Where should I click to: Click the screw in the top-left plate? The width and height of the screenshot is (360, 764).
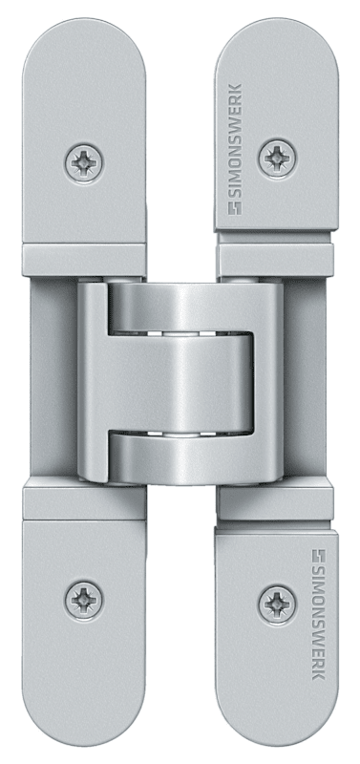pyautogui.click(x=83, y=163)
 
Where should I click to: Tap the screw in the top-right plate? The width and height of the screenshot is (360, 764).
pyautogui.click(x=277, y=159)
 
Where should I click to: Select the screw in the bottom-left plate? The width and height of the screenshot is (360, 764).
pyautogui.click(x=83, y=600)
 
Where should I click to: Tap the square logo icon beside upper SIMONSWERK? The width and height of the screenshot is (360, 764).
pyautogui.click(x=235, y=207)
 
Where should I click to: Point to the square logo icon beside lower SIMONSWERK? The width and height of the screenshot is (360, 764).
pyautogui.click(x=319, y=556)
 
